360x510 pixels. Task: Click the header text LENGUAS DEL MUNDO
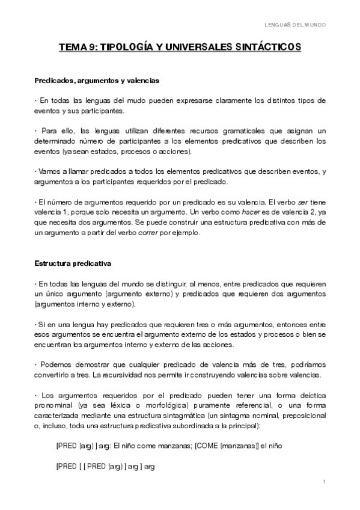click(295, 25)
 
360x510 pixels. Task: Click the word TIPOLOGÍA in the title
click(130, 48)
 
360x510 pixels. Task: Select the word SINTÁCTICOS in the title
click(269, 48)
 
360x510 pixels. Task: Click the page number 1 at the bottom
click(324, 482)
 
